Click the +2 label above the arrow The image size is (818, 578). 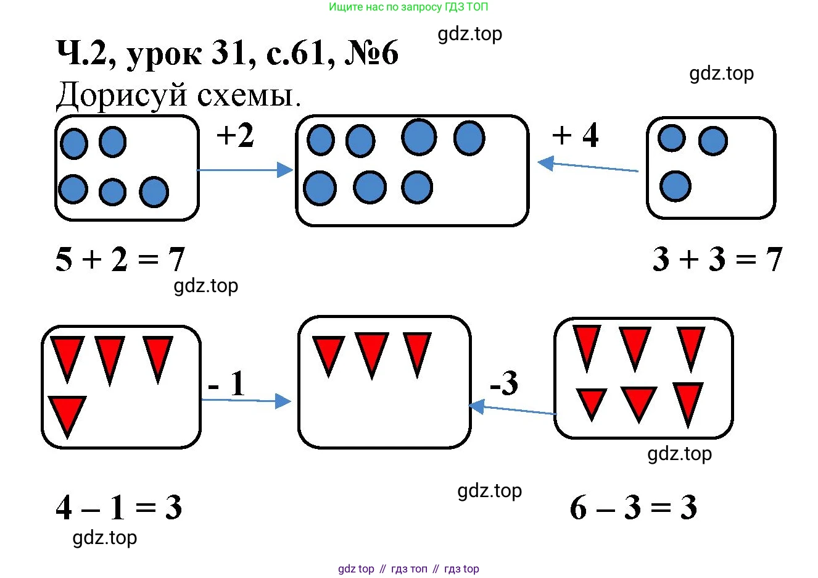(x=235, y=135)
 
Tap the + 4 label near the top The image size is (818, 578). (x=575, y=135)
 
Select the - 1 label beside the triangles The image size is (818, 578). (x=227, y=384)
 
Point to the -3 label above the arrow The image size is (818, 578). (x=503, y=383)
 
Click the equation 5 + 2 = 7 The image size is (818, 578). (x=120, y=259)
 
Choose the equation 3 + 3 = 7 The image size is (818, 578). (x=717, y=259)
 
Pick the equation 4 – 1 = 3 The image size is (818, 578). (x=118, y=508)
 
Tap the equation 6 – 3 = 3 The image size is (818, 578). (x=634, y=508)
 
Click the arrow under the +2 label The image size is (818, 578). (x=245, y=170)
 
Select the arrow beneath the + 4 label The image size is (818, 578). (x=587, y=166)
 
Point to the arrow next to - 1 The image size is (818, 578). (x=246, y=401)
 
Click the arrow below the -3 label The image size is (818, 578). (x=512, y=409)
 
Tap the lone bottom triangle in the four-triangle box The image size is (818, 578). (x=67, y=413)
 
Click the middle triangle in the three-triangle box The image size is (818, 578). (x=371, y=352)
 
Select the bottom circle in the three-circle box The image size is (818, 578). (x=675, y=186)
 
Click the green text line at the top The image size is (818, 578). (x=408, y=7)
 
